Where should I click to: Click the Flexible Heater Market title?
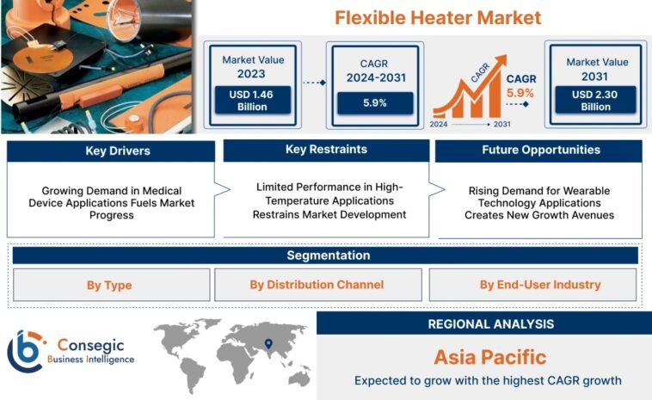click(437, 17)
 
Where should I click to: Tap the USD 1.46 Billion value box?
click(252, 100)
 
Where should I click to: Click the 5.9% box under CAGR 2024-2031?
click(374, 102)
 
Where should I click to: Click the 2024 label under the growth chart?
click(440, 125)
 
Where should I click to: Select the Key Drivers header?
click(111, 151)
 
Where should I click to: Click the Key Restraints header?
click(326, 151)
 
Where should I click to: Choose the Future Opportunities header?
click(540, 151)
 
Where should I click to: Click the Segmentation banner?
click(326, 255)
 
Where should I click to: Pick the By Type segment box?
click(111, 285)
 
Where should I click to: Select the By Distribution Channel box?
click(317, 285)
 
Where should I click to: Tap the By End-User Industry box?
click(533, 285)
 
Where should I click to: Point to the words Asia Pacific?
click(489, 357)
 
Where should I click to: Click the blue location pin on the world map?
click(269, 342)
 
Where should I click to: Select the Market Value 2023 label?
click(252, 66)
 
